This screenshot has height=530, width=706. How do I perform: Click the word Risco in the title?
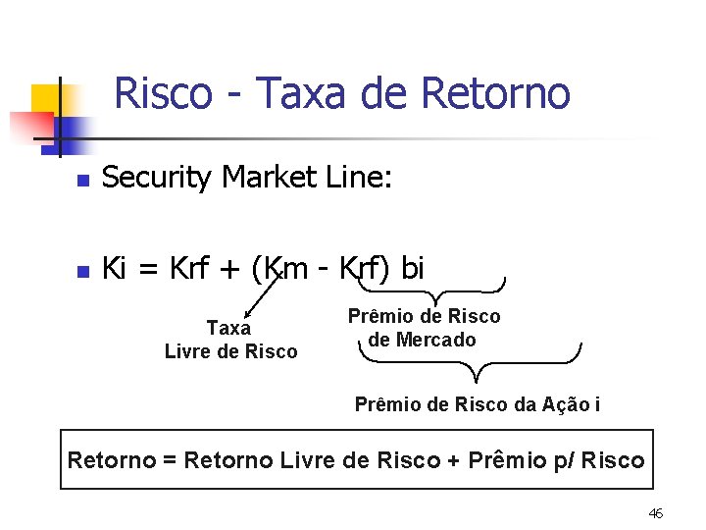coord(163,93)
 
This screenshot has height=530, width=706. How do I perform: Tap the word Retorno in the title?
coord(495,93)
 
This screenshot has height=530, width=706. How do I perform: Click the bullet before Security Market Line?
coord(84,181)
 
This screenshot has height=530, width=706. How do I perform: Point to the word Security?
coord(157,178)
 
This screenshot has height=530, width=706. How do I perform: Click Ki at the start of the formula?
coord(114,268)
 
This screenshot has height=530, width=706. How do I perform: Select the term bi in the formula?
coord(412,268)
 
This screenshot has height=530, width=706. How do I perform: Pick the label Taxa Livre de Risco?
coord(230,340)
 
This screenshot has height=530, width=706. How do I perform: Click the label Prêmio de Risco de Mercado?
coord(424,328)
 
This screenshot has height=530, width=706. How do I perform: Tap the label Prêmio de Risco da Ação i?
coord(478,404)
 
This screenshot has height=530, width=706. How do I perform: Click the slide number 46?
coord(656,513)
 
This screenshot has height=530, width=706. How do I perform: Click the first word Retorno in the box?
coord(111,460)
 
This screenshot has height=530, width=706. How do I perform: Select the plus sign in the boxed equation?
coord(453,461)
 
